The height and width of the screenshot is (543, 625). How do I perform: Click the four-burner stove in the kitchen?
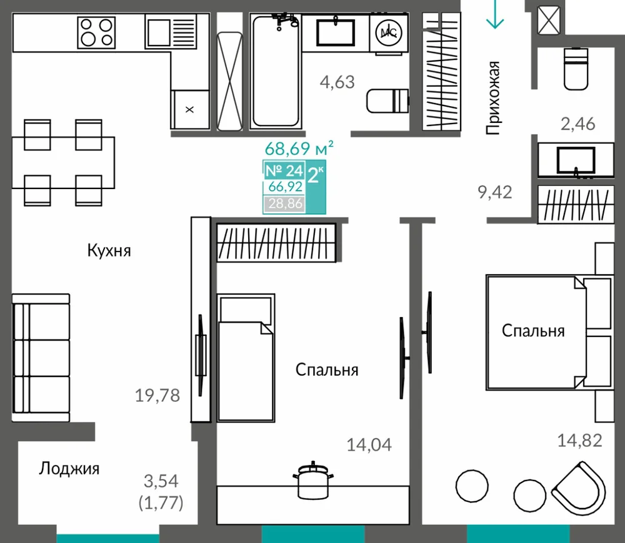(x=96, y=32)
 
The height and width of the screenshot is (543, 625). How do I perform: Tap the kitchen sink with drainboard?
(x=171, y=31)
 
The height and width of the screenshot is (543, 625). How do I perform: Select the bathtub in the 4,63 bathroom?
(x=276, y=71)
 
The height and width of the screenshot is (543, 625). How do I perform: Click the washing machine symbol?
(x=389, y=33)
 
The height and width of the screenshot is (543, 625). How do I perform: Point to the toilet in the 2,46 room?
(x=576, y=69)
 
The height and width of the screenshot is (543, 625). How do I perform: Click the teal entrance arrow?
(x=495, y=14)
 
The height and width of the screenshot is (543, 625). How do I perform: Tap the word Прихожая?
(x=493, y=98)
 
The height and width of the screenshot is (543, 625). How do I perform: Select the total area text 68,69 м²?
(x=299, y=149)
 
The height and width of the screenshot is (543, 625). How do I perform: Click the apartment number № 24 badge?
(x=284, y=170)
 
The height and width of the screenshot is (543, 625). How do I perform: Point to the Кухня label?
(x=109, y=251)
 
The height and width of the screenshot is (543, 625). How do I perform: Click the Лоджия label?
(x=69, y=469)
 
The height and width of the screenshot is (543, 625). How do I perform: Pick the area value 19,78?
(x=157, y=396)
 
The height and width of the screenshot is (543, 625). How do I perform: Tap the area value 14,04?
(x=369, y=444)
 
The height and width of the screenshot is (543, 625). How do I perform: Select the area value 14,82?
(x=579, y=441)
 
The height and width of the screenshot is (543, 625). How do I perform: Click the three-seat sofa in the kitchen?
(x=41, y=358)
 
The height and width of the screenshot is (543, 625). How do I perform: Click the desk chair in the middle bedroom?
(x=313, y=481)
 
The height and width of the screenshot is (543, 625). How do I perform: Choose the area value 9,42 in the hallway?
(x=494, y=192)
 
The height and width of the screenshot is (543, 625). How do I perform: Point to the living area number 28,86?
(x=285, y=203)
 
